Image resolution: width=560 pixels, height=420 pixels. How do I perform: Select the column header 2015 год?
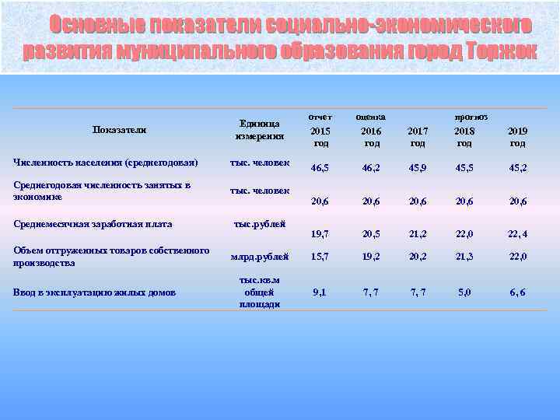point(320,137)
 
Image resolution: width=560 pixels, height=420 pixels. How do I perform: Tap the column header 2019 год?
point(517,137)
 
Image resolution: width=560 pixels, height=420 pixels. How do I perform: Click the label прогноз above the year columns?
point(471,116)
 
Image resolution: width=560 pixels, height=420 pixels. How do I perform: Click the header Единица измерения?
point(260,129)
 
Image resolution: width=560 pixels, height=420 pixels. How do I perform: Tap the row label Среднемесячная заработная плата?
point(93,224)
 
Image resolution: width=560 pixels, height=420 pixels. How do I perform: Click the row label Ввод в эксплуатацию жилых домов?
point(94,292)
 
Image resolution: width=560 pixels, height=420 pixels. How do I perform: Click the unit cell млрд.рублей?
point(260,256)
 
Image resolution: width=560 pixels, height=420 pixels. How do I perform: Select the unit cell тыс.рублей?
point(260,224)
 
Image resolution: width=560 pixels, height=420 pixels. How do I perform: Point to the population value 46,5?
point(320,167)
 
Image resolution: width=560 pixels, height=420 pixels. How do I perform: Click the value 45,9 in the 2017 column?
point(418,167)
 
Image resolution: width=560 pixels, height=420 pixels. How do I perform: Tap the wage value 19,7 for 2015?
point(320,233)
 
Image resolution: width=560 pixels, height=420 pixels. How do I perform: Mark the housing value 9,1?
point(320,292)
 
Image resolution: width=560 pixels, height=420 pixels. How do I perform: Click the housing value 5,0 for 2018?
point(464,292)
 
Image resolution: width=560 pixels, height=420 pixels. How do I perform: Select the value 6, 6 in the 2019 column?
point(517,292)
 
